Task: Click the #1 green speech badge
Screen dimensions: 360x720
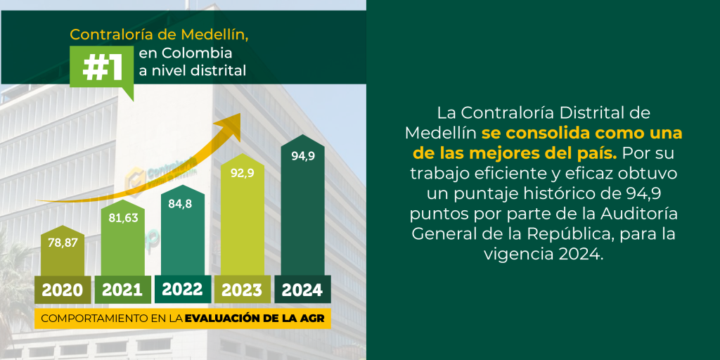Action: [x=102, y=68]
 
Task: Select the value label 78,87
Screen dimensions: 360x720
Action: [x=62, y=243]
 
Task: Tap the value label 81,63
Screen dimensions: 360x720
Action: [x=122, y=218]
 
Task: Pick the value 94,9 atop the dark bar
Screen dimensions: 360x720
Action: [x=302, y=156]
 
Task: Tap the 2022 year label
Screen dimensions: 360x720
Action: [x=182, y=289]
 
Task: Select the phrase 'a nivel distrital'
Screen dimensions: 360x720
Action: [x=198, y=70]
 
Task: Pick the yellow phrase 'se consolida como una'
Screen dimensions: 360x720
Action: [x=581, y=133]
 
